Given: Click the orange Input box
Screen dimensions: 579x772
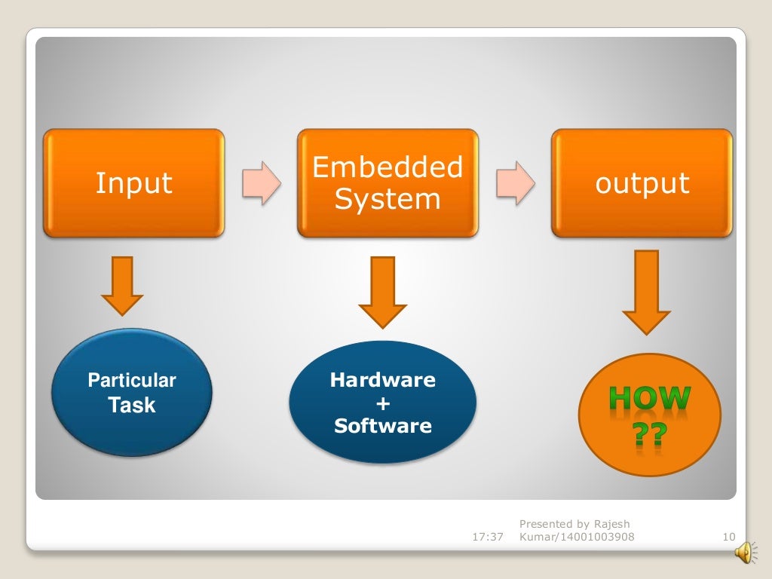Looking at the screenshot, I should pos(133,183).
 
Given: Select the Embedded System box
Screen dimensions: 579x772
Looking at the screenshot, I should pos(388,183).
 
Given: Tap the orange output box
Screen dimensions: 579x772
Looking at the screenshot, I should pos(642,183).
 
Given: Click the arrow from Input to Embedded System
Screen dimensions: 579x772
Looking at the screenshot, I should pos(262,183).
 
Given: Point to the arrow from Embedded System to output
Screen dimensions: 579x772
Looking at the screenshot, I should pos(516,183).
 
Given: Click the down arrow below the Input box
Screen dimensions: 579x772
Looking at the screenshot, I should pos(122,285).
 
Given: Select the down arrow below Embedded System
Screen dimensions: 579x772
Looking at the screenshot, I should pos(382,290).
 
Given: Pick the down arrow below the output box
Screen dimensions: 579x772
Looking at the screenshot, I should pos(646,290).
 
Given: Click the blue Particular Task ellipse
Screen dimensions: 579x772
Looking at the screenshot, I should pos(132,392).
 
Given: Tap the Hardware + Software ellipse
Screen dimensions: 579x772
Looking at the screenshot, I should pos(383,403).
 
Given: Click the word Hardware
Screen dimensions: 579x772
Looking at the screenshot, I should pos(383,380).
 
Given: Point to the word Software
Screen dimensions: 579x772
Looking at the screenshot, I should pos(383,426).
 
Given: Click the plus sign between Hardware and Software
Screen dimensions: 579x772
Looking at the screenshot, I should pos(383,404).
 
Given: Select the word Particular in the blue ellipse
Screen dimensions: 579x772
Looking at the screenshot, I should pos(132,380).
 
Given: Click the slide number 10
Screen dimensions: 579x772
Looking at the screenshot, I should pos(728,537).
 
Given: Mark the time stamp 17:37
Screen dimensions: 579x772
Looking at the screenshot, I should pos(487,537).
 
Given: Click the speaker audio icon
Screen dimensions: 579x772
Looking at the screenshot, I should pos(743,553).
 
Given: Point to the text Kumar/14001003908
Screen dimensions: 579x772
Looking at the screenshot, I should pos(577,537).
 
